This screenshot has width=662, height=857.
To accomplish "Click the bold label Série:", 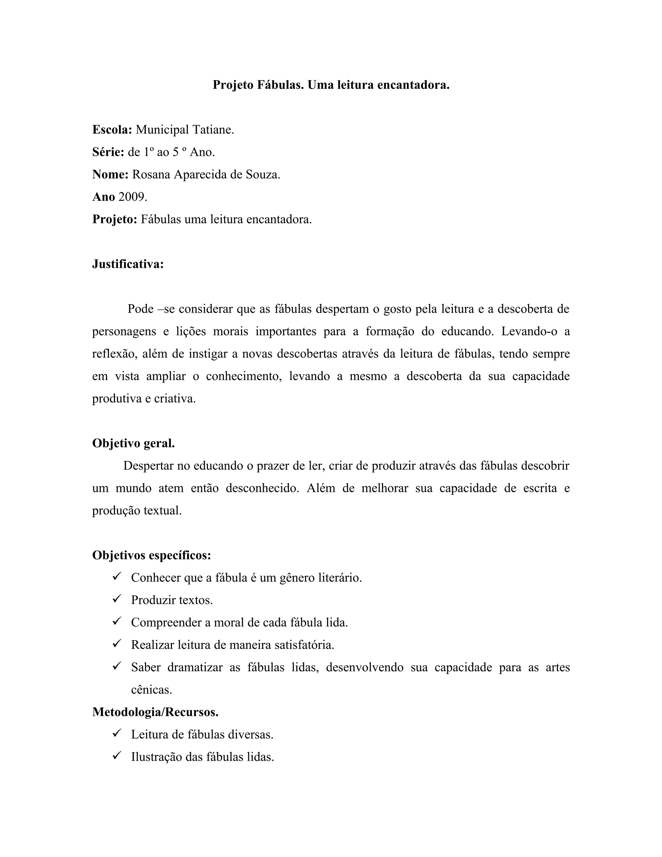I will (108, 152).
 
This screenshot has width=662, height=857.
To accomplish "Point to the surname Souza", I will (263, 174).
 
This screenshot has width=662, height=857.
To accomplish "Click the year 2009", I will (133, 197).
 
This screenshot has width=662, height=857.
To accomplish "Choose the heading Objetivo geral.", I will (133, 443).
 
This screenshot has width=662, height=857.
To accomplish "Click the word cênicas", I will (151, 689).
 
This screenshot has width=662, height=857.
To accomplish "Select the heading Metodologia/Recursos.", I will (155, 712).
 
